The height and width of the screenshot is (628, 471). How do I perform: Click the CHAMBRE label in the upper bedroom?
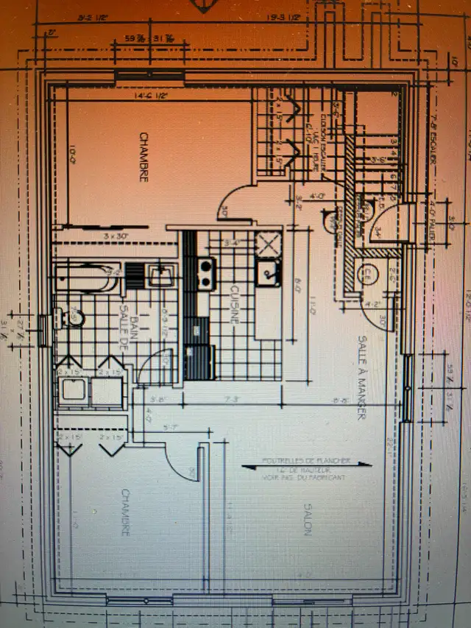(x=144, y=158)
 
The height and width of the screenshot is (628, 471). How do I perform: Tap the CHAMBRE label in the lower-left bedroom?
(x=126, y=512)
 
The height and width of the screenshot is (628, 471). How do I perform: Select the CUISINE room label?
(x=234, y=306)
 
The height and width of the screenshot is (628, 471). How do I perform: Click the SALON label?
(x=305, y=521)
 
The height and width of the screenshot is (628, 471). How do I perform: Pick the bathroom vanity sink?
(x=160, y=276)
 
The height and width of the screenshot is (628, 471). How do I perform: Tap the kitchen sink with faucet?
(x=268, y=272)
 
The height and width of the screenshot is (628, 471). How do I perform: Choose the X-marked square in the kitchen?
(x=269, y=242)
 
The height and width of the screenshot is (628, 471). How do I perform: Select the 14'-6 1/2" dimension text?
(x=152, y=94)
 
